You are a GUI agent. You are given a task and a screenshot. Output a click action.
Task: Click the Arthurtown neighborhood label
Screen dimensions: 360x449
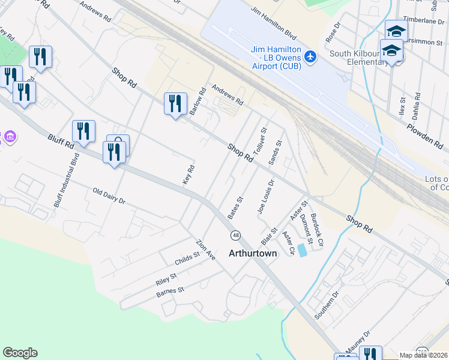pyautogui.click(x=253, y=254)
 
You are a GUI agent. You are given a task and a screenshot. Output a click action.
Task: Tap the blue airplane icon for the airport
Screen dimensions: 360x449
pyautogui.click(x=310, y=56)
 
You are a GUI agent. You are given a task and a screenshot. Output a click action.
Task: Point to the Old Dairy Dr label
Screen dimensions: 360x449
pyautogui.click(x=108, y=196)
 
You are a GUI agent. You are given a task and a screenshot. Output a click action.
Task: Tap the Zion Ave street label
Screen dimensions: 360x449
pyautogui.click(x=205, y=250)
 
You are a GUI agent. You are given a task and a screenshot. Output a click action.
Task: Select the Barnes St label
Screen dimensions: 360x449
pyautogui.click(x=170, y=292)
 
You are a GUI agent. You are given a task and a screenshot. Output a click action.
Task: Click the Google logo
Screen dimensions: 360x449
pyautogui.click(x=20, y=353)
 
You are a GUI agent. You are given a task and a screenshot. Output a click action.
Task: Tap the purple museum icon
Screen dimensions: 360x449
pyautogui.click(x=9, y=137)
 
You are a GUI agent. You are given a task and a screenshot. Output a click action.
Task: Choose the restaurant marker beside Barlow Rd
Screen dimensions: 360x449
pyautogui.click(x=175, y=104)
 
